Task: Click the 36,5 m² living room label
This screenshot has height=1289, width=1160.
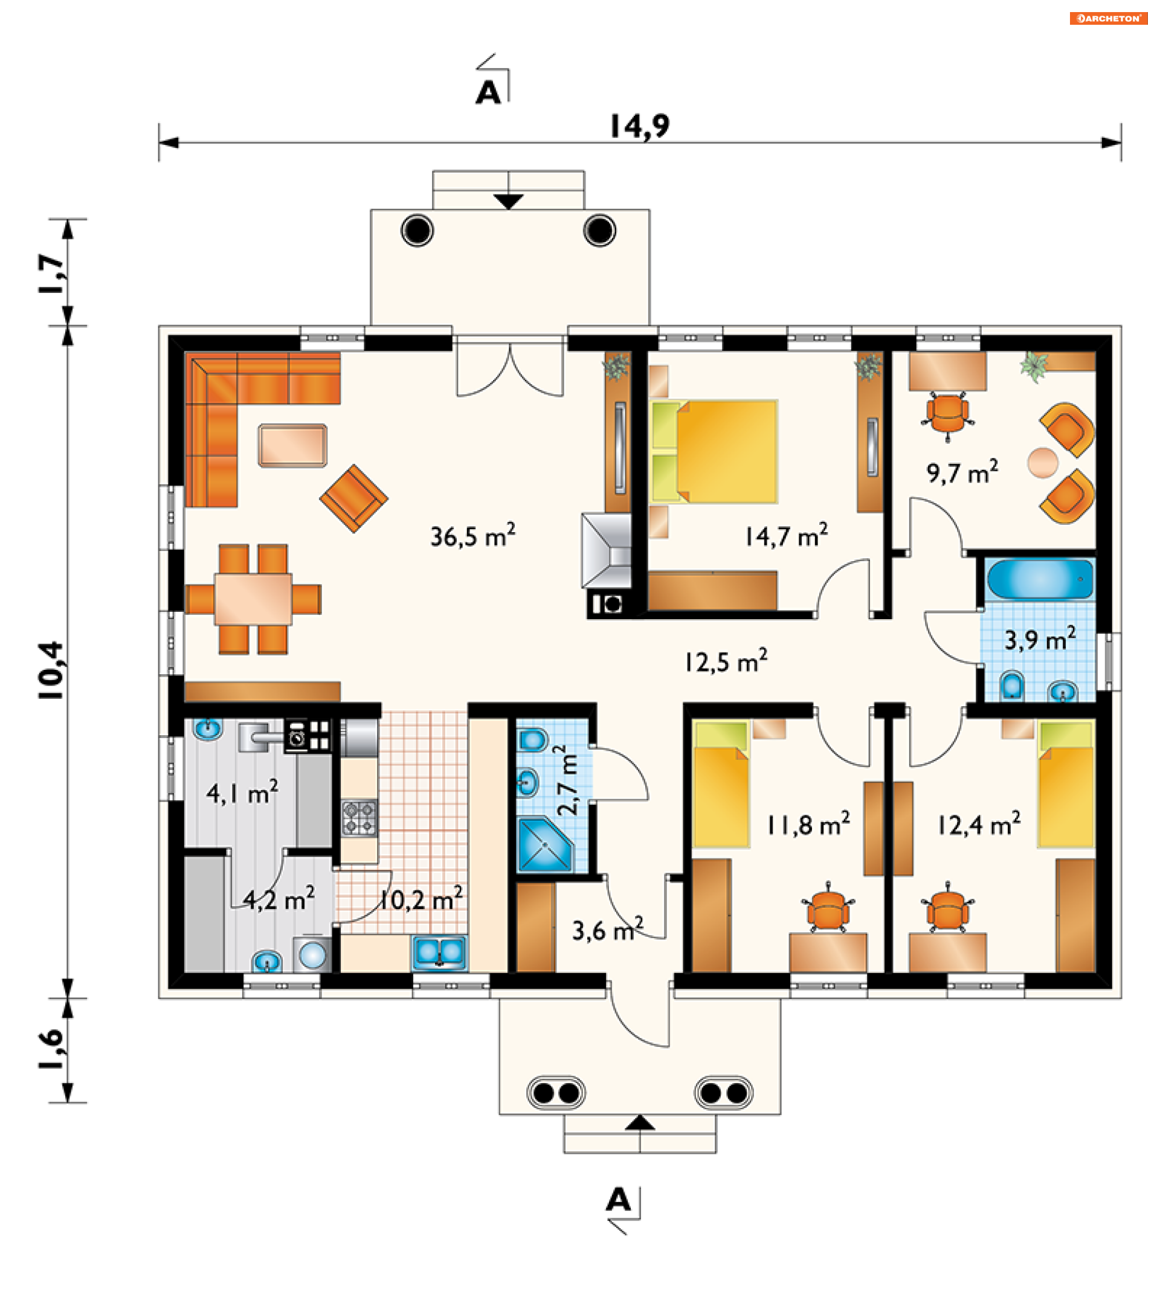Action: coord(472,536)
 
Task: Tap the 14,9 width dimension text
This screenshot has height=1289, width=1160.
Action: coord(639,126)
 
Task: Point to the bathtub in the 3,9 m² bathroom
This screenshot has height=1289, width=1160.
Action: coord(1040,579)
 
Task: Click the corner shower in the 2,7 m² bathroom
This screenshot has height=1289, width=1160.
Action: coord(545,845)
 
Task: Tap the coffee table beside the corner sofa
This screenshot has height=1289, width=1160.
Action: coord(292,445)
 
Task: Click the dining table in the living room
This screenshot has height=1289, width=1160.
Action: coord(253,599)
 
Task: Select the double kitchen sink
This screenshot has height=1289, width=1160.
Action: coord(439,952)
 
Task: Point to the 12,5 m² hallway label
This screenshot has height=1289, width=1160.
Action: coord(726,661)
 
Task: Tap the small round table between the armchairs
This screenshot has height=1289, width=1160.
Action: coord(1042,462)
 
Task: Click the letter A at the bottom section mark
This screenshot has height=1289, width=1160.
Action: coord(617,1200)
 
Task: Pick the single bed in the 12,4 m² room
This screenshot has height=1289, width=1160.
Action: coord(1066,785)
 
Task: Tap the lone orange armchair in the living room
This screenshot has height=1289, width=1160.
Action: coord(353,498)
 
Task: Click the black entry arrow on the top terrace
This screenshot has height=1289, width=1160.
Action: coord(509,201)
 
